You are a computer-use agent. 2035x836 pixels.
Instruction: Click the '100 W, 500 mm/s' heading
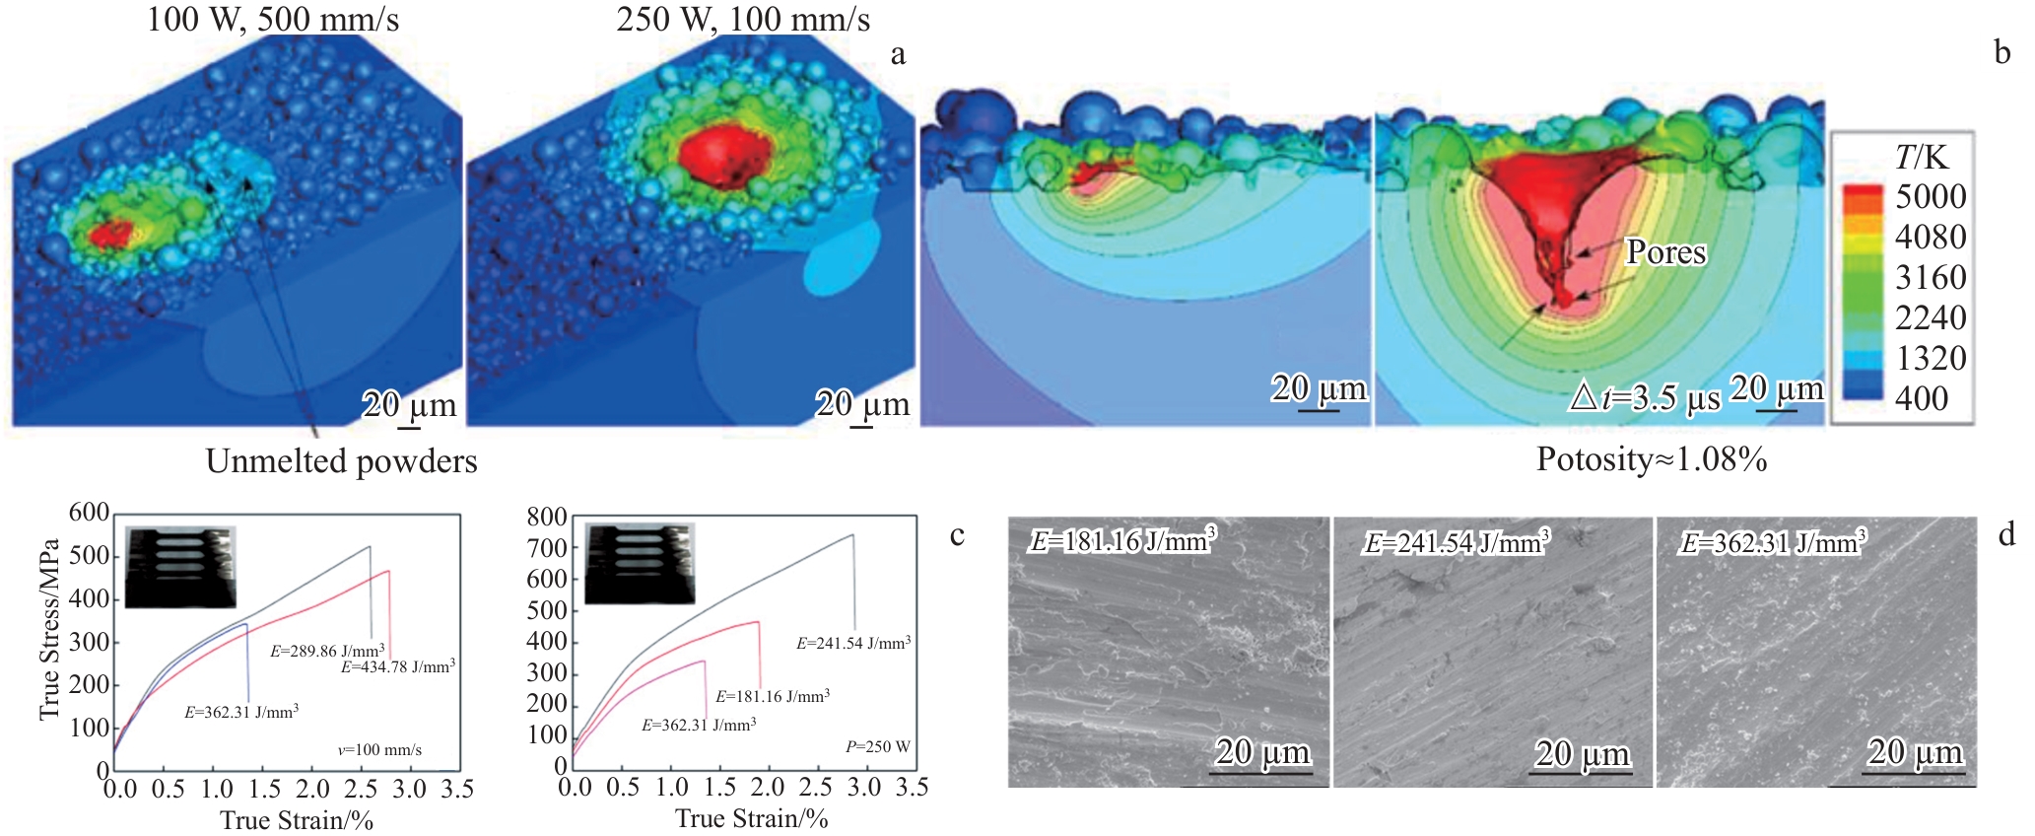coord(272,20)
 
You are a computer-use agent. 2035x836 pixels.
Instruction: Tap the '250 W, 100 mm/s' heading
coord(743,20)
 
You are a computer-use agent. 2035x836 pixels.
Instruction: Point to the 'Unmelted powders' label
coord(341,461)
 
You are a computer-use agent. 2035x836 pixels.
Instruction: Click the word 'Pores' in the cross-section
coord(1665,252)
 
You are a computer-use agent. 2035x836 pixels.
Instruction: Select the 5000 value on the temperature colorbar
coord(1930,196)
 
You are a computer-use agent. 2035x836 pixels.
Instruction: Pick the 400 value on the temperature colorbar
coord(1921,398)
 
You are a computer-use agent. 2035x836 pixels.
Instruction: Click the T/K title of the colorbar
coord(1921,157)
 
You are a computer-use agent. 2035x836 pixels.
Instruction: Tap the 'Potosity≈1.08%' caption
coord(1652,459)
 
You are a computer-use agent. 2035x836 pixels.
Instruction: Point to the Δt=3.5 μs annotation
coord(1645,397)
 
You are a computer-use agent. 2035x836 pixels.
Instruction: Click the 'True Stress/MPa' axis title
coord(49,629)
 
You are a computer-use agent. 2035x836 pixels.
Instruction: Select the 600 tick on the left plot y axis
coord(89,513)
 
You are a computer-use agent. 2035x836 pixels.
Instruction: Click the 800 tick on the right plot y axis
coord(547,518)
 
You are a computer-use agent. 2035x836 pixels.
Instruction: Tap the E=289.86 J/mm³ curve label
coord(327,652)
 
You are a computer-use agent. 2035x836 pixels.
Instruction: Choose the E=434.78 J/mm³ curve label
coord(398,667)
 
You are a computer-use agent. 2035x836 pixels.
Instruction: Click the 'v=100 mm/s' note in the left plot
coord(379,750)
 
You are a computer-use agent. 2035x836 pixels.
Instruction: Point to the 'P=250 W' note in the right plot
coord(877,747)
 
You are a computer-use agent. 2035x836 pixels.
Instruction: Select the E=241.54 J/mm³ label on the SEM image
coord(1456,542)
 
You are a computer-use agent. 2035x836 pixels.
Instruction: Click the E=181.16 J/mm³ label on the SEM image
coord(1122,540)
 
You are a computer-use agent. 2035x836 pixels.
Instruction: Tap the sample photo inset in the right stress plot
coord(640,563)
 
